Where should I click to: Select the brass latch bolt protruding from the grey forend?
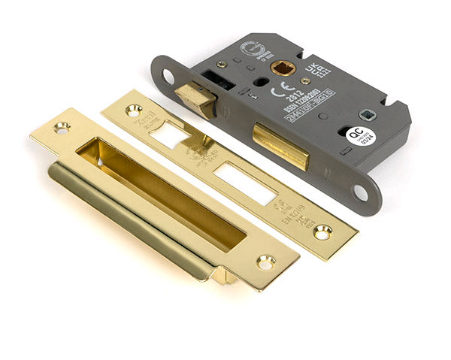(x=195, y=98)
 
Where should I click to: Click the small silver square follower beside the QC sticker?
(x=367, y=114)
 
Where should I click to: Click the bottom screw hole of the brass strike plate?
(x=265, y=262)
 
